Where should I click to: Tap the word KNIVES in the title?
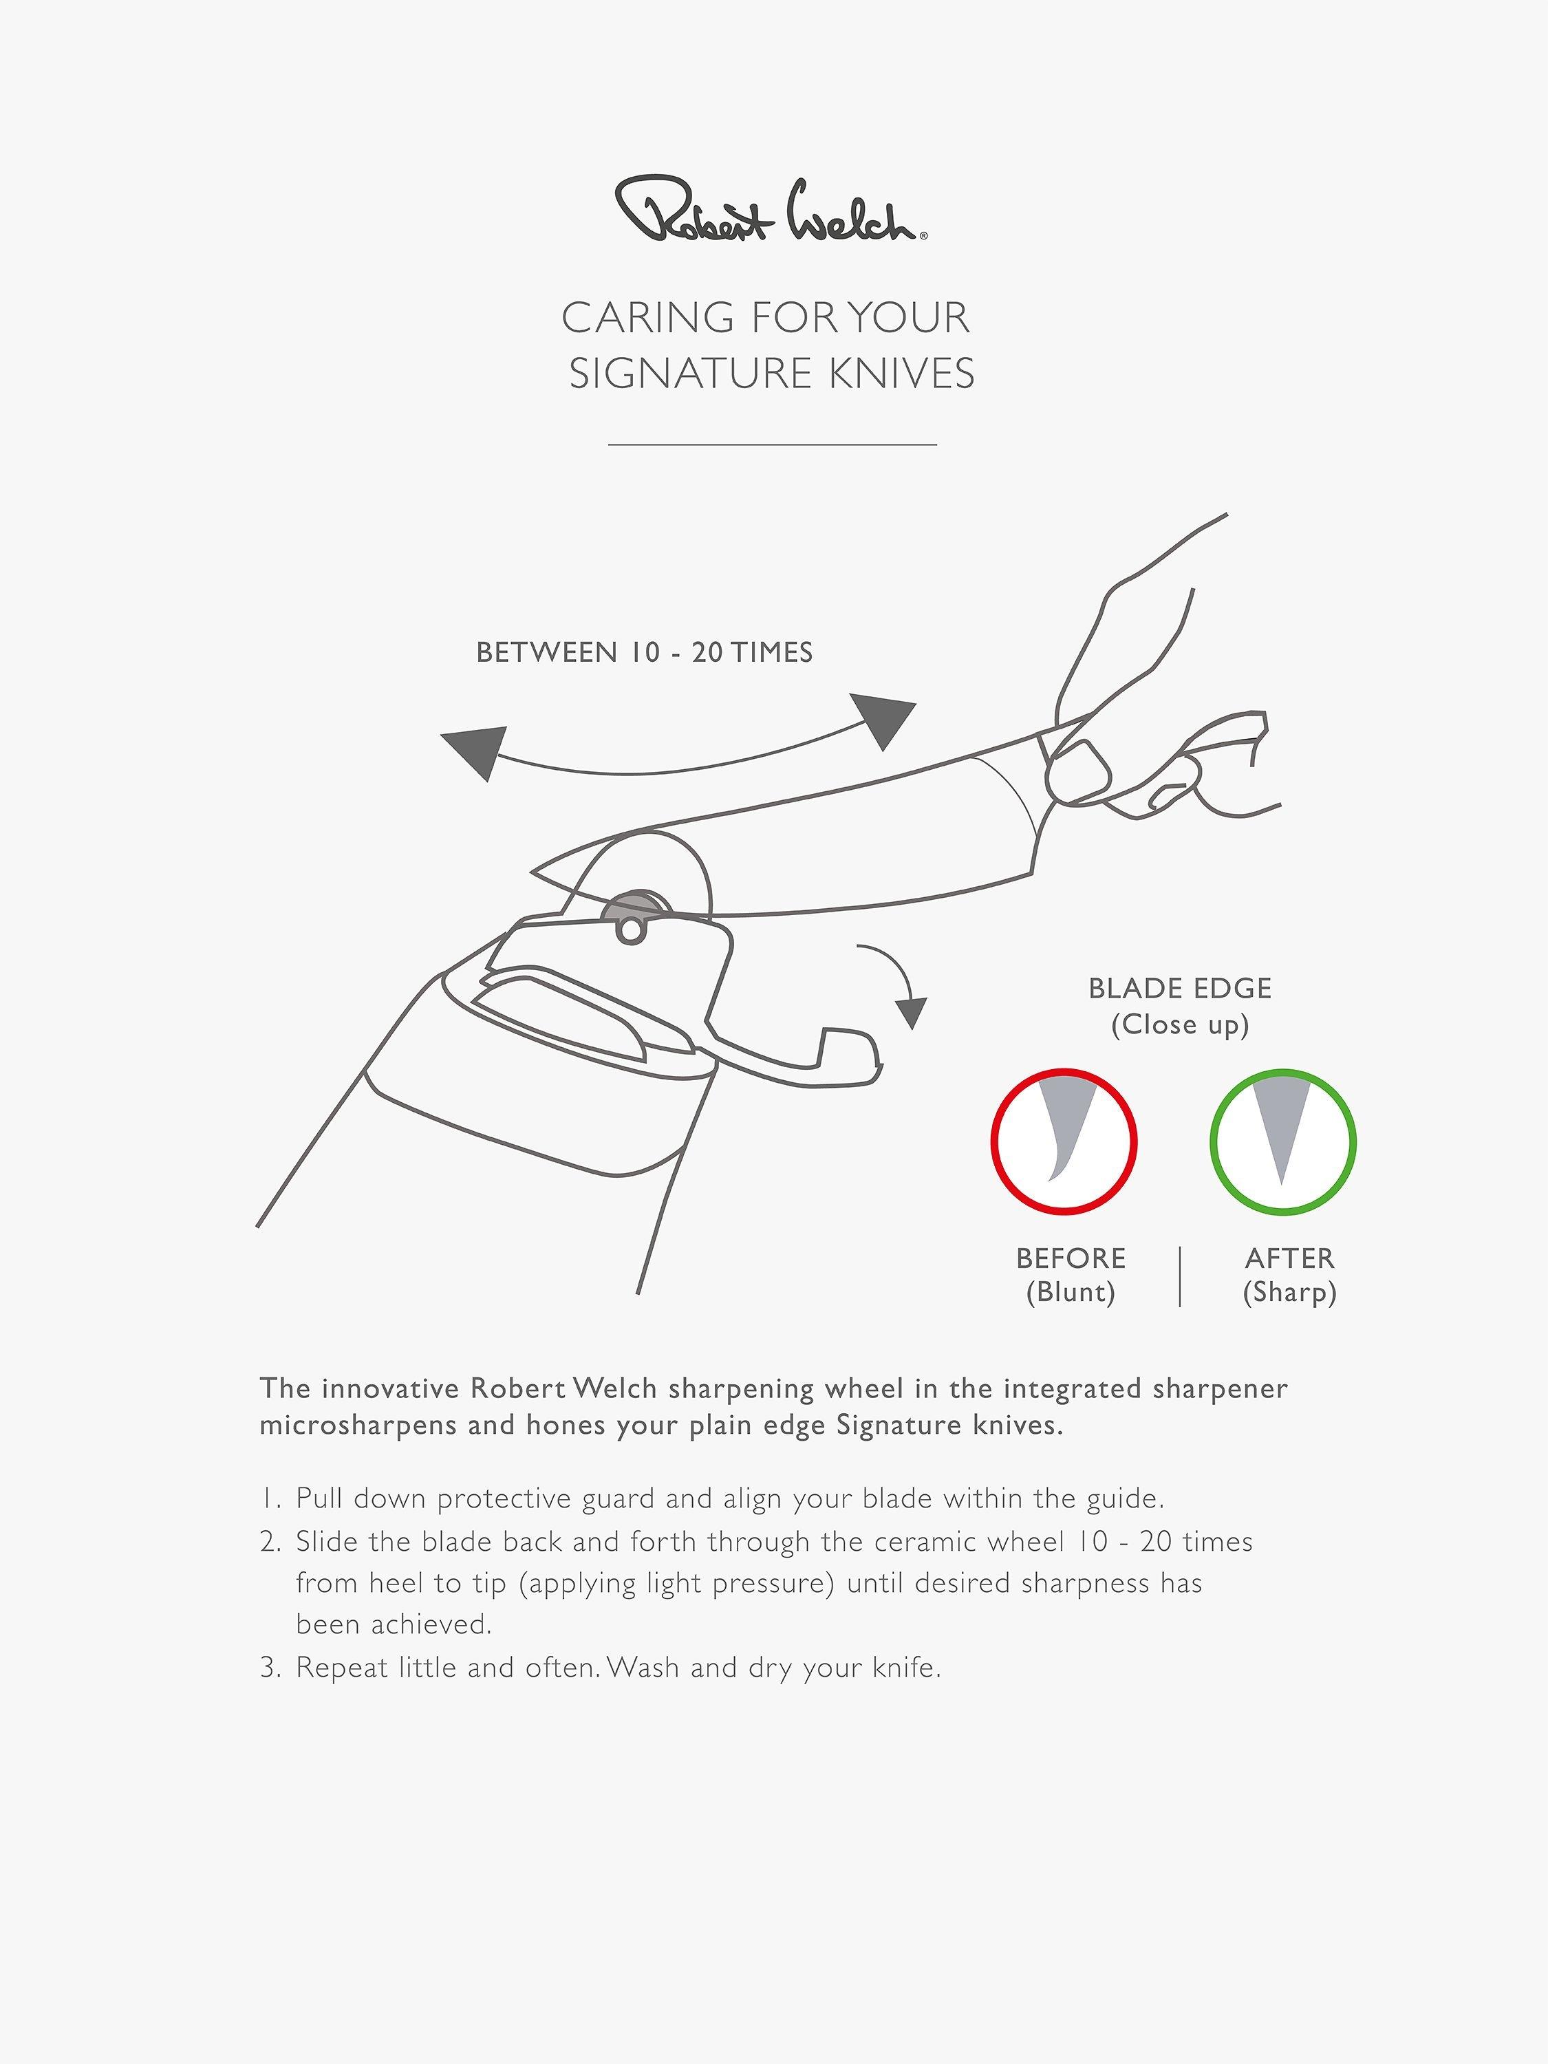click(901, 373)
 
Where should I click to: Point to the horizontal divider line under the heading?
click(773, 445)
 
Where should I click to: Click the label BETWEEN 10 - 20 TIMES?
click(645, 652)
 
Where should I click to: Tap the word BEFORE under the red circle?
click(1071, 1259)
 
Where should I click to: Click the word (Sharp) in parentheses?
click(1289, 1293)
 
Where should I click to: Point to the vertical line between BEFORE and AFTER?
click(1181, 1276)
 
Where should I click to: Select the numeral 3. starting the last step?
click(270, 1668)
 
